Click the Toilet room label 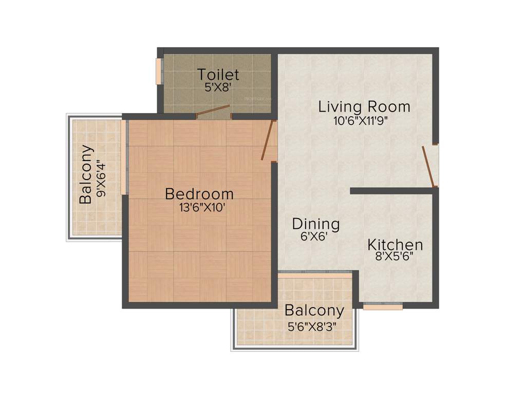218,75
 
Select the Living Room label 364,107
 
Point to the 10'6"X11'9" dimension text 360,121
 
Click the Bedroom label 199,194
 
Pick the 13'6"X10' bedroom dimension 199,208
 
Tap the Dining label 316,224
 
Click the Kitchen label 395,245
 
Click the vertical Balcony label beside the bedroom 86,175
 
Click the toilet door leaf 213,110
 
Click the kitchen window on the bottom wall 383,307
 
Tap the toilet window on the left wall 159,71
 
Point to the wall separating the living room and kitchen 392,191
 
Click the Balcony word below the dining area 314,311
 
